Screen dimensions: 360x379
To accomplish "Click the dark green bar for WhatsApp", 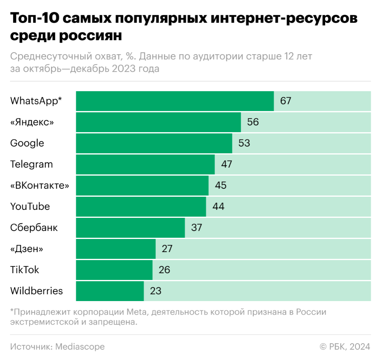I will click(x=175, y=101).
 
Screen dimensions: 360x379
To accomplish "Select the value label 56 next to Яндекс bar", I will click(x=253, y=122).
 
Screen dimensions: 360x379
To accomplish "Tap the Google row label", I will click(x=27, y=143).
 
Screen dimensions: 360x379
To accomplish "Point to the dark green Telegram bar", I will click(x=145, y=164).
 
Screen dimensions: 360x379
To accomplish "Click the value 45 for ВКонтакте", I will click(x=220, y=185).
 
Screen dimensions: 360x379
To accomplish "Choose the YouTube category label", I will click(x=30, y=206).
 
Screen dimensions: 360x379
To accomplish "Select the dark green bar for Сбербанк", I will click(x=130, y=227).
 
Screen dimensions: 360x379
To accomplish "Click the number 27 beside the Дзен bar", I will click(x=167, y=248).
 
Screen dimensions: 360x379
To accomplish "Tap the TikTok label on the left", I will click(x=25, y=270).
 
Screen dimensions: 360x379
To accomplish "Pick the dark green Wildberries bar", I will click(x=110, y=291).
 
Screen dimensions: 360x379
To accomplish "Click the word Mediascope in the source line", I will click(x=80, y=346).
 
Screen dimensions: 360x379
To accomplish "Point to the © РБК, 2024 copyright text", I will click(x=345, y=346).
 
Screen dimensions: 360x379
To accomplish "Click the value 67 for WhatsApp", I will click(x=285, y=101).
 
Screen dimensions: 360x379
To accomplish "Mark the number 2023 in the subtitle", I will click(x=123, y=68).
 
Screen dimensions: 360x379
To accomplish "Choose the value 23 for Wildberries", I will click(x=155, y=291).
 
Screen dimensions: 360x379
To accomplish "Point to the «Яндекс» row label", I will click(x=32, y=122).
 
